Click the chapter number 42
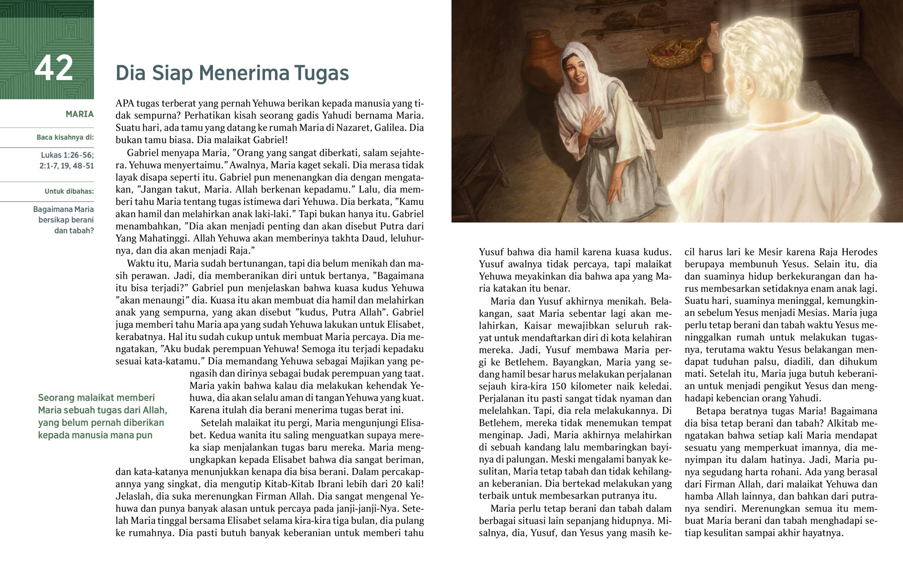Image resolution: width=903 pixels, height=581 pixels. coord(53,68)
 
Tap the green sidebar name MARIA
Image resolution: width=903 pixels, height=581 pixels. coord(79,114)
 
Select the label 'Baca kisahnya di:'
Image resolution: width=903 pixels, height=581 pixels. coord(65,137)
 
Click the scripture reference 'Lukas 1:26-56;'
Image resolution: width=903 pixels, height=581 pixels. coord(67,155)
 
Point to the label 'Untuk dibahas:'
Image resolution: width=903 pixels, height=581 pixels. coord(69,191)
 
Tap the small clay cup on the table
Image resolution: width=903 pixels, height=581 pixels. coord(707,62)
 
